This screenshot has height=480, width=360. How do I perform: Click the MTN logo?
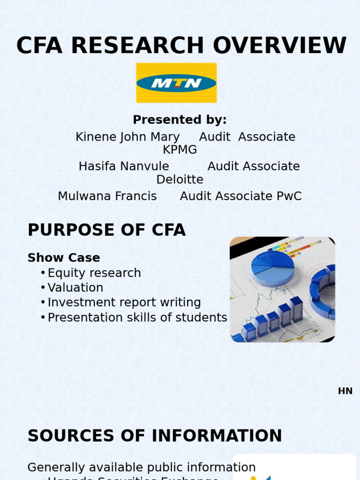(176, 83)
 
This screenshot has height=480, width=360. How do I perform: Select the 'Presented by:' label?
(180, 120)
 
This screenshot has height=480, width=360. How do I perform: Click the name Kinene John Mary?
(127, 137)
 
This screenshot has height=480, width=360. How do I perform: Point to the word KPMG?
(180, 150)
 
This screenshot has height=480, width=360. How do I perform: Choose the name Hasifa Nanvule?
(124, 166)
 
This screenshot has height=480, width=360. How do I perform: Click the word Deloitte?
(180, 180)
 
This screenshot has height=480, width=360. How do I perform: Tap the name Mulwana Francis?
(107, 196)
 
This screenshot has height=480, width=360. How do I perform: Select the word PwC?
(289, 196)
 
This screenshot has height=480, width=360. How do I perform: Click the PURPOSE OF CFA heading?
(106, 230)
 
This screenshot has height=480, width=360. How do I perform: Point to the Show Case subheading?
(64, 258)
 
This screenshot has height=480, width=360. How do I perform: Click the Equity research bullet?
(94, 273)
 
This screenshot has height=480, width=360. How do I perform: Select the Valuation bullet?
(75, 287)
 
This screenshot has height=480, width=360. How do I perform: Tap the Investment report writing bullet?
(124, 302)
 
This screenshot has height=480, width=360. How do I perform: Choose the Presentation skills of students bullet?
(137, 317)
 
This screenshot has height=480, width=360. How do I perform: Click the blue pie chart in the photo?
(272, 267)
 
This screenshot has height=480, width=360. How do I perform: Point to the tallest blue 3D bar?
(296, 308)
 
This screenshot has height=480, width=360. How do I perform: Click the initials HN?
(345, 391)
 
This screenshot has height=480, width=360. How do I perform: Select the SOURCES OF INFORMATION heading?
(155, 436)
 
